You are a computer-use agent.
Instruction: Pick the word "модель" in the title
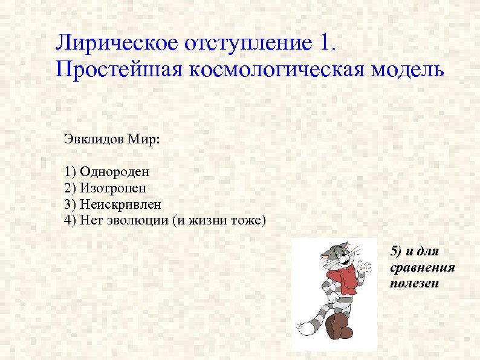tap(406, 70)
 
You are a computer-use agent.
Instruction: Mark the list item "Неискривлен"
tap(121, 205)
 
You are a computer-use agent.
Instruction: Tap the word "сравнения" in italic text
tap(423, 267)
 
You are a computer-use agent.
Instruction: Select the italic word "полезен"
tap(415, 283)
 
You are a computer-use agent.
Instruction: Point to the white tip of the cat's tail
tap(305, 327)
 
